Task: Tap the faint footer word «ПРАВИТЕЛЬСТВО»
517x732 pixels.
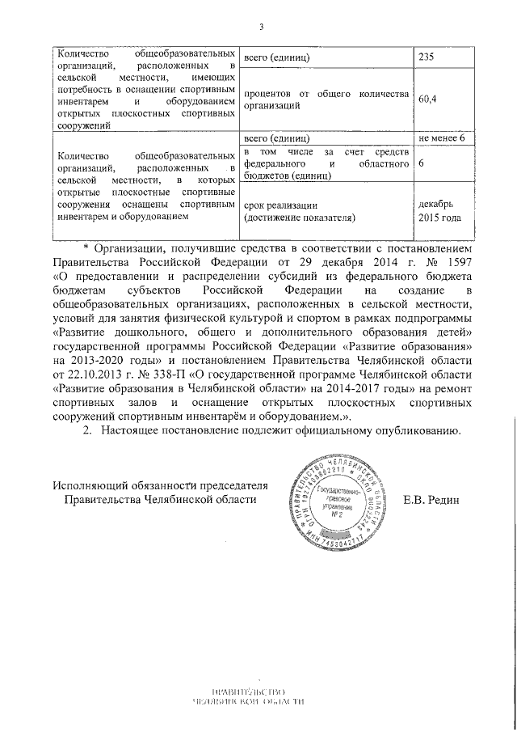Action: (249, 692)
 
